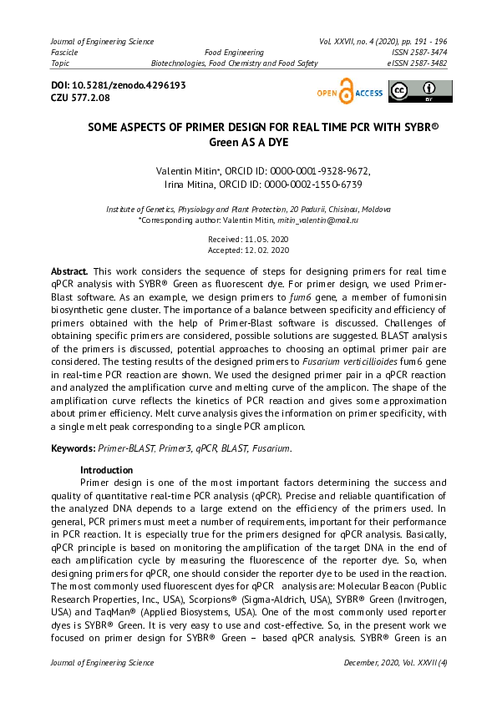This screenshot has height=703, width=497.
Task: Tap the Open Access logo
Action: coord(349,93)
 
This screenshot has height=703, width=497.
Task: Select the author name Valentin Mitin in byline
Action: coord(180,171)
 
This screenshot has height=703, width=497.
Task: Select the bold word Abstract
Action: coord(69,272)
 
